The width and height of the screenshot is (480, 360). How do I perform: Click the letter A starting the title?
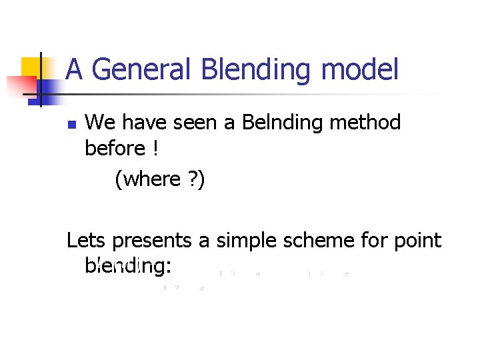[75, 69]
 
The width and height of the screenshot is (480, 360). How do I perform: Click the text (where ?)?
[159, 179]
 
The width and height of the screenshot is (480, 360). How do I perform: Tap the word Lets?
[87, 240]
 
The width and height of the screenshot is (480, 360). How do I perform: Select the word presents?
[155, 241]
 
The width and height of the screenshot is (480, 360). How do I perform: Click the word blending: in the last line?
[128, 266]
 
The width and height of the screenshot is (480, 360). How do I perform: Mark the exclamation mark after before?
[155, 148]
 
